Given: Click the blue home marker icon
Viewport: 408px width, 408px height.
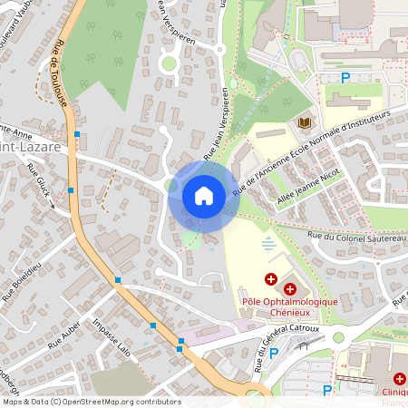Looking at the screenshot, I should point(203,195).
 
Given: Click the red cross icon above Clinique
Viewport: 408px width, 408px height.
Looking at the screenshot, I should point(399,378).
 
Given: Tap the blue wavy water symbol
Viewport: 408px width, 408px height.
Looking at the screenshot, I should point(267,243).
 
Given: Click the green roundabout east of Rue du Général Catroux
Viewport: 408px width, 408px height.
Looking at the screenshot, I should point(338,337).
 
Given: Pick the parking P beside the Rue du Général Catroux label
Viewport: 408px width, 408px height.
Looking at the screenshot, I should point(274,354).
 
